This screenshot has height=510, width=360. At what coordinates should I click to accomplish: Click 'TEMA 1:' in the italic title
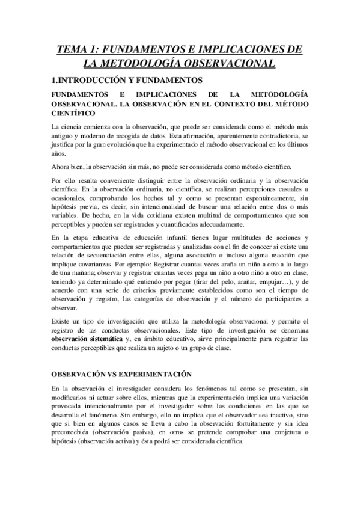(76, 50)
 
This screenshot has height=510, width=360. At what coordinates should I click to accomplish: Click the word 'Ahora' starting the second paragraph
(63, 165)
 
